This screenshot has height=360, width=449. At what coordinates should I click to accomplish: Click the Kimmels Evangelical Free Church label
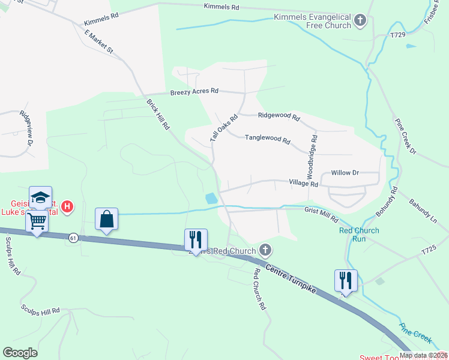point(312,22)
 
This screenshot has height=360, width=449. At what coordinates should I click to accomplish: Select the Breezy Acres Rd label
point(194,92)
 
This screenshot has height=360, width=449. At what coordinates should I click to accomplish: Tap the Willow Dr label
point(345,173)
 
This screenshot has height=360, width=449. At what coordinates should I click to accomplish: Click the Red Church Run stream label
point(359,235)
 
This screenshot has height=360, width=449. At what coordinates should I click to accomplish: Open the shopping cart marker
point(37,221)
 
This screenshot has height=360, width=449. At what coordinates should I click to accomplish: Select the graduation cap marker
point(40,197)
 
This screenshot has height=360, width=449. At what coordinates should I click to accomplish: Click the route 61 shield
point(73,237)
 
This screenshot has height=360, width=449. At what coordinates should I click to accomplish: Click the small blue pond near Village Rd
point(211,198)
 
